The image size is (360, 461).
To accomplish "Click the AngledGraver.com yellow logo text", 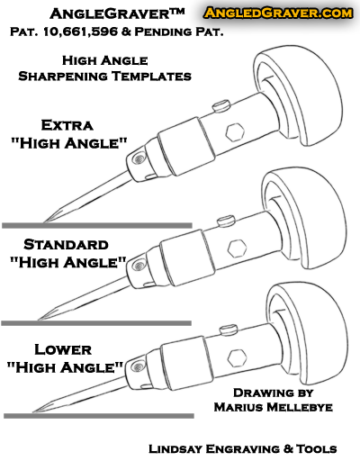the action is tap(278, 13).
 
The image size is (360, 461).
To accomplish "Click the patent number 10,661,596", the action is tap(80, 32).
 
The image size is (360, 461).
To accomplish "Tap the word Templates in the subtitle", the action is tap(151, 76).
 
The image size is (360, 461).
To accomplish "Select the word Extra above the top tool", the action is tap(67, 125).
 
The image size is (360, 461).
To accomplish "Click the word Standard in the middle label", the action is tap(66, 245).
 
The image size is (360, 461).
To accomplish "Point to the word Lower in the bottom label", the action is tap(63, 349).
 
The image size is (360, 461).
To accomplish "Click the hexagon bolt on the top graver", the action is tap(235, 132).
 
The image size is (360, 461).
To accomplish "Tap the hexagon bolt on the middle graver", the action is tap(237, 249).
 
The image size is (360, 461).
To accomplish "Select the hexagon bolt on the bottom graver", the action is tap(237, 357).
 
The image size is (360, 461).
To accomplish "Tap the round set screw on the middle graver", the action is tap(139, 266).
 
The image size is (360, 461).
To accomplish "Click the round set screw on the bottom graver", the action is tap(138, 366).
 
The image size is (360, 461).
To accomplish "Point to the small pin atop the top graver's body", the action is tap(221, 106).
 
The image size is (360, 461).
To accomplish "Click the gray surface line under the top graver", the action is tap(97, 225).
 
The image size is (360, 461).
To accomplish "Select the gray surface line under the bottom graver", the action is tap(99, 416).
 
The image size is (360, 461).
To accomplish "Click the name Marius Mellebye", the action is tap(274, 407).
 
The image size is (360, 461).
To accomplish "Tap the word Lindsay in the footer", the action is tap(175, 448).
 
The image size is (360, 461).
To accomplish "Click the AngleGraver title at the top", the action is tap(117, 14).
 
